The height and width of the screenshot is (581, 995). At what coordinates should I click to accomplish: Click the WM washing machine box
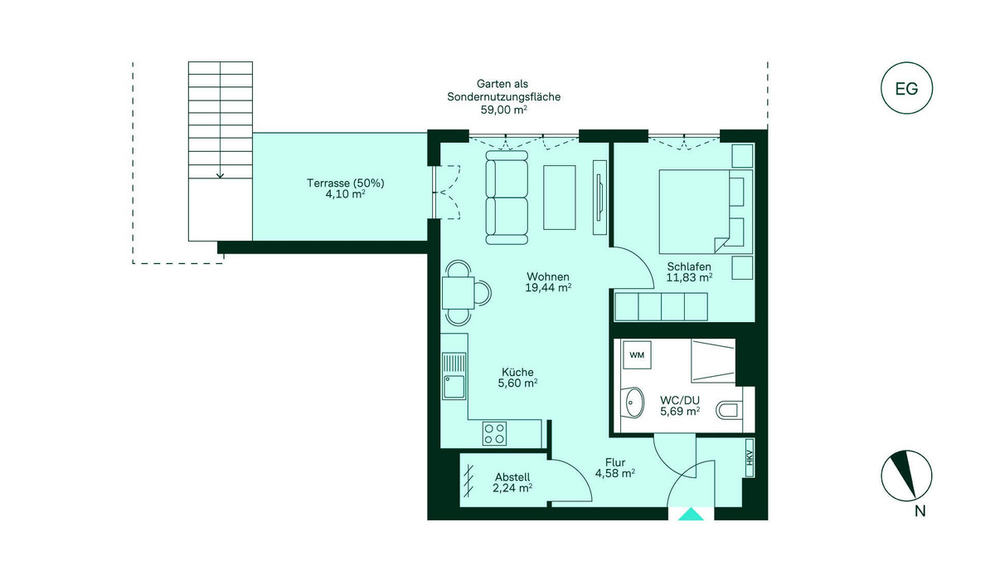click(x=637, y=354)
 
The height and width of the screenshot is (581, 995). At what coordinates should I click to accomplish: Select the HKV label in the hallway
click(x=750, y=458)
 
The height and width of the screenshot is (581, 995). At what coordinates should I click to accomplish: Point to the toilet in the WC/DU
click(x=730, y=410)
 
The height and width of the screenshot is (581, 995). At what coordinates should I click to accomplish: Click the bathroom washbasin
click(x=633, y=403)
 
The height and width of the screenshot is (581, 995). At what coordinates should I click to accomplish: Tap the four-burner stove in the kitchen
click(x=494, y=433)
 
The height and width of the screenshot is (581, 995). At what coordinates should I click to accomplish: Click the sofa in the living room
click(x=507, y=198)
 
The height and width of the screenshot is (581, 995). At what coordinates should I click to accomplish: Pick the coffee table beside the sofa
click(x=559, y=198)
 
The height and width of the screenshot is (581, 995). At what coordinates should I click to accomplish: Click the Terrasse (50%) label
click(x=346, y=183)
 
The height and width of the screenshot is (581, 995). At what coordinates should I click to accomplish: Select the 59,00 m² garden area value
click(x=504, y=110)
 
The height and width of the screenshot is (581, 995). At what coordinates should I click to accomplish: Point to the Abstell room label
click(x=512, y=477)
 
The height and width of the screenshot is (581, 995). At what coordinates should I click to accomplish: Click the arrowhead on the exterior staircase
click(x=220, y=176)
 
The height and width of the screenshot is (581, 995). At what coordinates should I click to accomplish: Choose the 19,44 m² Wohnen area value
click(x=548, y=288)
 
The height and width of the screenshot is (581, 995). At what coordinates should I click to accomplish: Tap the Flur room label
click(x=615, y=462)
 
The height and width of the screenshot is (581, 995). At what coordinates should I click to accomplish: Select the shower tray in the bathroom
click(x=713, y=361)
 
